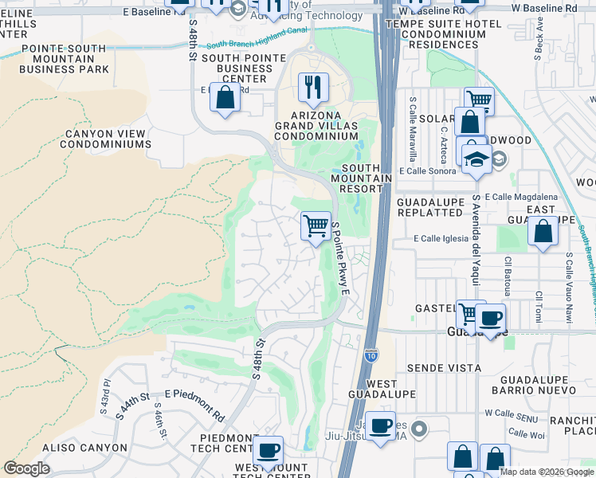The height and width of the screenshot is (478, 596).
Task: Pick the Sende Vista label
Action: coord(444,367)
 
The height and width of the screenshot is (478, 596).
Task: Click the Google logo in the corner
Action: coord(27,468)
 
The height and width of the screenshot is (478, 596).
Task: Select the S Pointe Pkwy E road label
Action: coord(340,258)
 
